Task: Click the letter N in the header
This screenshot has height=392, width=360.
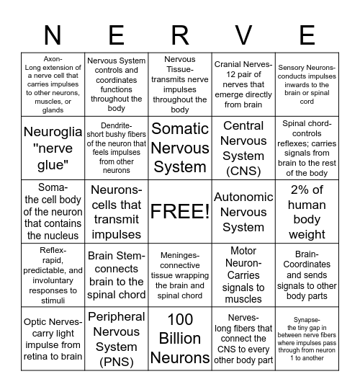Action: coord(53,35)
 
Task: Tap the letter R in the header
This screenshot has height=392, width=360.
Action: coord(180,35)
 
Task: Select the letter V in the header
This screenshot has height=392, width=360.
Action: coord(243,35)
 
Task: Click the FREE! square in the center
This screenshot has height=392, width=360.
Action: coord(180,211)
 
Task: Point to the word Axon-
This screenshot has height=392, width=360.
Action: coord(53,59)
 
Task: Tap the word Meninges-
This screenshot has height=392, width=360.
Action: coord(179,255)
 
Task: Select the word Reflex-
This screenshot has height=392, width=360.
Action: coord(53,250)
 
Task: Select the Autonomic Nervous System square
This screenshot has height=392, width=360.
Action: coord(243,211)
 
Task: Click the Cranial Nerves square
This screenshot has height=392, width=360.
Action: coord(243,84)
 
